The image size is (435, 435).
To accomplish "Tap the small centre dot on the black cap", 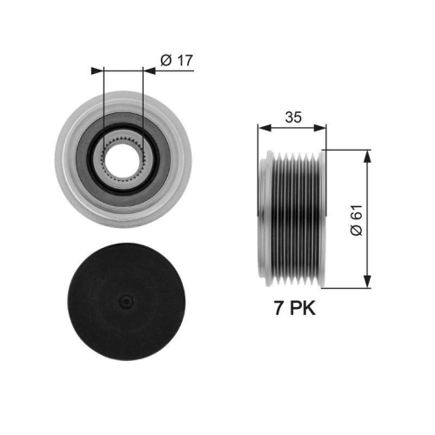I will pos(125,301).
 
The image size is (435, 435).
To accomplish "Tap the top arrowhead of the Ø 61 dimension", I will pos(367,154).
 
